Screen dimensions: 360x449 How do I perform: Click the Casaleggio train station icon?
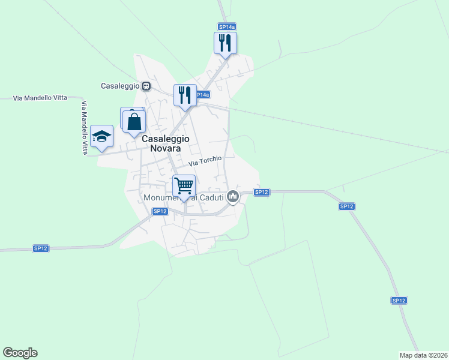coord(146,86)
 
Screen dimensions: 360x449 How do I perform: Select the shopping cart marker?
coord(184,186)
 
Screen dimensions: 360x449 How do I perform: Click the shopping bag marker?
coord(134,121)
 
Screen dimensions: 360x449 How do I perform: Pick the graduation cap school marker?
coord(102,136)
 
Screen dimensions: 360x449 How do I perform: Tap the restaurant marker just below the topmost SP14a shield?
coord(226,43)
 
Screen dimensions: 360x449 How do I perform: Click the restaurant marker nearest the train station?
coord(185,95)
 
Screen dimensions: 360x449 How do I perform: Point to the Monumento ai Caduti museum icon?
coord(234,196)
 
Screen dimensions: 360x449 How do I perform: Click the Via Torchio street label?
coord(205,161)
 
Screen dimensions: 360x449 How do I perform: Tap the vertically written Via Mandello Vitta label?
coord(85,128)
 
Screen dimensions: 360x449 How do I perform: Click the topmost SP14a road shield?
coord(226,26)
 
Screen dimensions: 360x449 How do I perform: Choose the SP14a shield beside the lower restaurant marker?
coord(203,95)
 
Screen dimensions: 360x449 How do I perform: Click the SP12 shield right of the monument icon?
coord(261,192)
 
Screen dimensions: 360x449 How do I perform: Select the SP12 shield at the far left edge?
coord(40,248)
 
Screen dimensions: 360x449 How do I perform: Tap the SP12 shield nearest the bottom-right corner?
coord(399,300)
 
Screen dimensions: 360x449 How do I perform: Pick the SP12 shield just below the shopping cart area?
coord(159,211)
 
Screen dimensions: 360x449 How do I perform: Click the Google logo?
coord(20,353)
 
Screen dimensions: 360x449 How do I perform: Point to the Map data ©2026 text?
coord(423,355)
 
